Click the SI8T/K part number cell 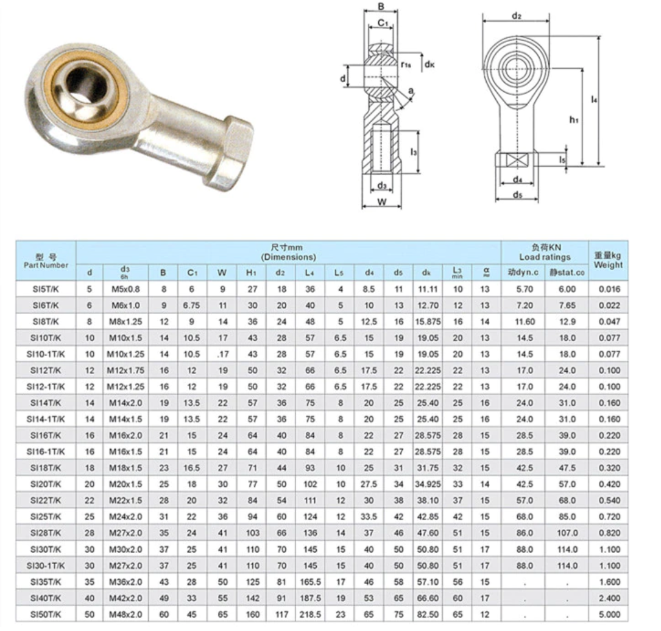[46, 322]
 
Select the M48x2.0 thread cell [125, 615]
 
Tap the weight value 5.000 [610, 615]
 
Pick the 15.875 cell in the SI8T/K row [428, 322]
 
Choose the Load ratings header [545, 257]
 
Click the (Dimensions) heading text [288, 257]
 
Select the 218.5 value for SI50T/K [310, 615]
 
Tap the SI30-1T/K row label [46, 566]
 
